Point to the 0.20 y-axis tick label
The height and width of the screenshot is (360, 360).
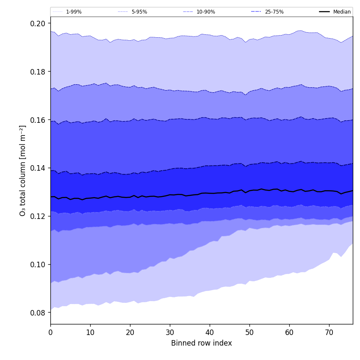coord(38,23)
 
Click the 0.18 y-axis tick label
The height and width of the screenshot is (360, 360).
coord(38,72)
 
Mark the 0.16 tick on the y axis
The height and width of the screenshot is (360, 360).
coord(38,120)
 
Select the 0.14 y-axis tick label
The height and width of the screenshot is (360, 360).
coord(38,168)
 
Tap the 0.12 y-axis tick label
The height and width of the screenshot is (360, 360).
coord(38,216)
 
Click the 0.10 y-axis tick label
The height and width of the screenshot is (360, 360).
coord(38,265)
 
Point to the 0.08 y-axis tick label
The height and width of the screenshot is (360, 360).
coord(38,313)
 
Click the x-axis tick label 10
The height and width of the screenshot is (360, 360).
coord(90,332)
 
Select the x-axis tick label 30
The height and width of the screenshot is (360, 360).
coord(170,332)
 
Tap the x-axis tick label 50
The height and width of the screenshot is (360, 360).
coord(249,332)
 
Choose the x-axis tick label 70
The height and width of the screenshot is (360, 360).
coord(329,332)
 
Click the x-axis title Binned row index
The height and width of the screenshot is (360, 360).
coord(202,343)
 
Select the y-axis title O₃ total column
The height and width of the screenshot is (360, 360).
coord(23,170)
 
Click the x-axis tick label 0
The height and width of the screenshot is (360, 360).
coord(50,332)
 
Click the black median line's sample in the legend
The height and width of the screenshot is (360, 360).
coord(325,12)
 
